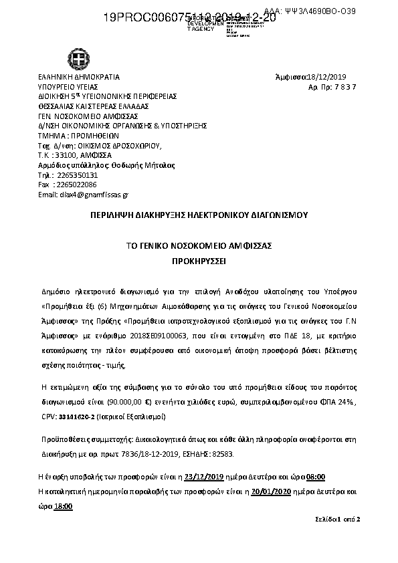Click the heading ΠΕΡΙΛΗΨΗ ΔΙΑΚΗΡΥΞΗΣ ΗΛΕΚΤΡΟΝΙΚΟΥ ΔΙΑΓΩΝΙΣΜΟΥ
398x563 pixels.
[199, 215]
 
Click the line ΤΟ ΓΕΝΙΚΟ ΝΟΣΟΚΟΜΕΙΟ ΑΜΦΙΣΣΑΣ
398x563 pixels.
[199, 245]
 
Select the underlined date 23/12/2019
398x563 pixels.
[203, 477]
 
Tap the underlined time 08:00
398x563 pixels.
[315, 477]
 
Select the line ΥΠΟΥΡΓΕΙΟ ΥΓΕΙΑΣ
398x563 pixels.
[68, 87]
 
